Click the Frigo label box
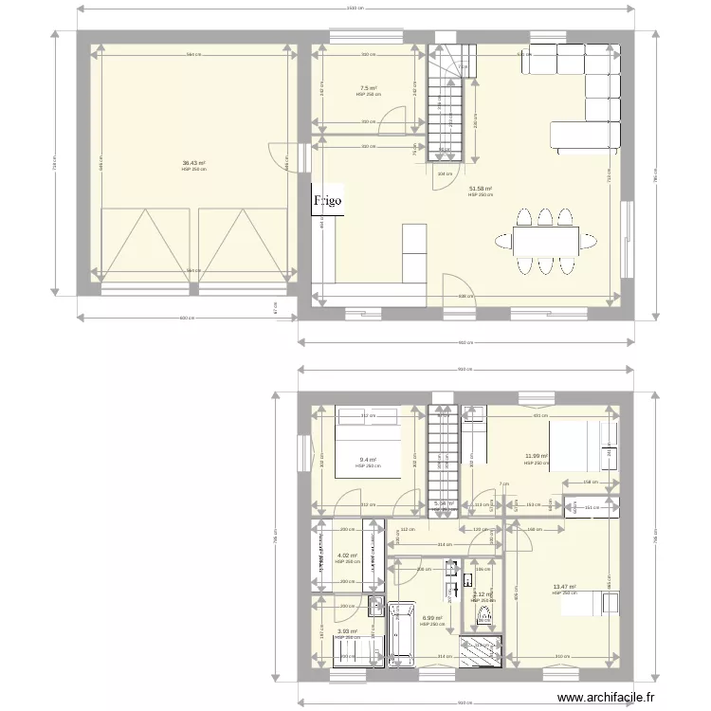(x=328, y=200)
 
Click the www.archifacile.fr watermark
(x=606, y=698)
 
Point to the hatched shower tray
(x=483, y=651)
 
